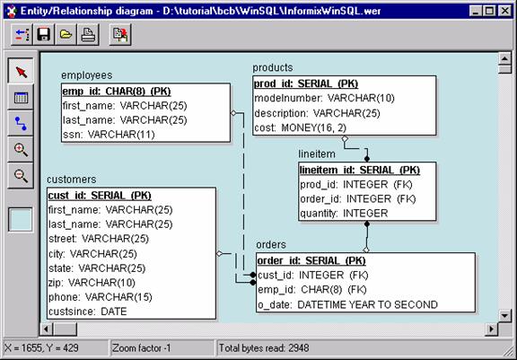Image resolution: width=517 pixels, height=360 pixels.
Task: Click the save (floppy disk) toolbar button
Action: click(x=43, y=34)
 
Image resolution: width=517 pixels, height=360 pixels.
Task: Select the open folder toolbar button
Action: click(x=66, y=34)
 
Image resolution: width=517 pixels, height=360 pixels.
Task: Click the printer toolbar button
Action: click(x=88, y=34)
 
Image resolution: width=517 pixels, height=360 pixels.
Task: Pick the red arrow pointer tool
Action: click(x=21, y=71)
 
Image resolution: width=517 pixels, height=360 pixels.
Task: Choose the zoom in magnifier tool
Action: click(x=21, y=150)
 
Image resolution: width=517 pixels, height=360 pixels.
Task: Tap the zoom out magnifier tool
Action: click(x=21, y=175)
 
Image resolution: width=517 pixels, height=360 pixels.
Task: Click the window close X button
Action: click(x=504, y=11)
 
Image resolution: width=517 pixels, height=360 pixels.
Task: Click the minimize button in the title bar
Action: click(x=476, y=11)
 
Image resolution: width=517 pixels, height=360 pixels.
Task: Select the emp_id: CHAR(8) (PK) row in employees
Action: click(x=117, y=92)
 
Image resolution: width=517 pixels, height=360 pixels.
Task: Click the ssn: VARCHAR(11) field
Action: click(x=109, y=135)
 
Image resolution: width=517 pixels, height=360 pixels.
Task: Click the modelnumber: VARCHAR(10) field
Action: click(x=324, y=98)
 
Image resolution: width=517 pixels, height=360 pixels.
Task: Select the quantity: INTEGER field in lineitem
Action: click(x=344, y=214)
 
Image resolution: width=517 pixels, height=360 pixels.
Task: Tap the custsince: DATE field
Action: click(x=88, y=312)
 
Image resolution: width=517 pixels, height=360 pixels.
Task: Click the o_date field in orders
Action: click(x=348, y=304)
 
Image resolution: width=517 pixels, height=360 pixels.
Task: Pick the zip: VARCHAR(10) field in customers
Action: click(x=92, y=283)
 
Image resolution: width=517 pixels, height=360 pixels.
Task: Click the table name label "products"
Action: click(x=273, y=68)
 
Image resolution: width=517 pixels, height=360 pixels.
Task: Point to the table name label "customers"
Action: click(x=72, y=180)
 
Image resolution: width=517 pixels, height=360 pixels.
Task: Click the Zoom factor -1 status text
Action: click(x=142, y=348)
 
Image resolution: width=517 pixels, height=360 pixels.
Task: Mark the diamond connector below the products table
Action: click(x=345, y=139)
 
